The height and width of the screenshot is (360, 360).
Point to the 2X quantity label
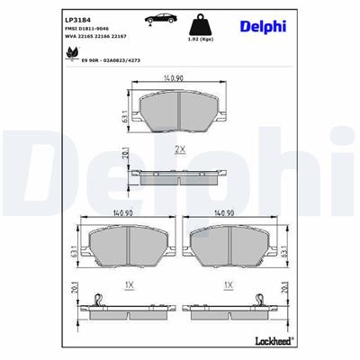tap(179, 148)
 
